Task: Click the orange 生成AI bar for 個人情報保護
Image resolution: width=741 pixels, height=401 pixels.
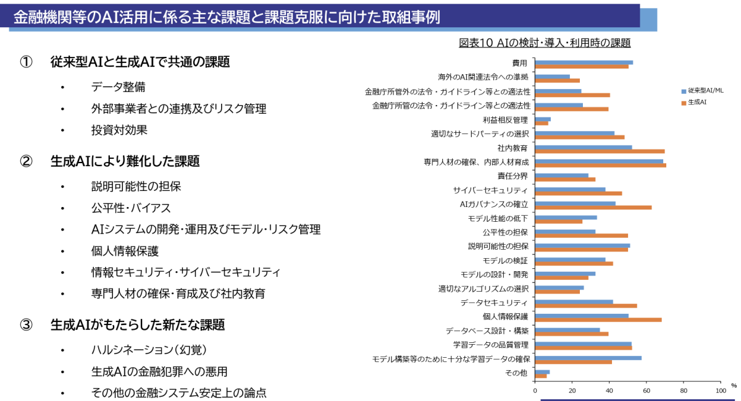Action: click(598, 319)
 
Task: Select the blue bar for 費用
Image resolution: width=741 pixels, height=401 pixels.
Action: click(584, 62)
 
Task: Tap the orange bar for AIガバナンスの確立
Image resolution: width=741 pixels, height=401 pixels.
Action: click(593, 207)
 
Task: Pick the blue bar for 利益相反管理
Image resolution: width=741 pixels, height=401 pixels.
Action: click(543, 119)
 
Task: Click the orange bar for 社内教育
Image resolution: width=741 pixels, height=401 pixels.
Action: click(600, 151)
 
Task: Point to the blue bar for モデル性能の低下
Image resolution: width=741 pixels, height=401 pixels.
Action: click(566, 217)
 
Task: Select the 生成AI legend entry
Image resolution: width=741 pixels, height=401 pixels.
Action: click(697, 102)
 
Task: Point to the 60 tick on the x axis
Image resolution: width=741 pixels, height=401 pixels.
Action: click(647, 390)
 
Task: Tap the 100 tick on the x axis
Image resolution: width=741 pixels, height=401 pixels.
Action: click(720, 390)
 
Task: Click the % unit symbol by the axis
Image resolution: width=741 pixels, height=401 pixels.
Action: click(734, 386)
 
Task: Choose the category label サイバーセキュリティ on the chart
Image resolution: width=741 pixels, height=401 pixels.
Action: click(490, 190)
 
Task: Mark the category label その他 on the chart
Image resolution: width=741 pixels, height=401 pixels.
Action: click(516, 373)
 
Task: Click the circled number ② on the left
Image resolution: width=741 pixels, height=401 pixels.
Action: click(26, 161)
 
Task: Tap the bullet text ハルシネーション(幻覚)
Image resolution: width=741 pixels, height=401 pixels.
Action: click(148, 350)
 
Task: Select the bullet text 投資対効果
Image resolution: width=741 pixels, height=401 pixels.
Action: click(119, 130)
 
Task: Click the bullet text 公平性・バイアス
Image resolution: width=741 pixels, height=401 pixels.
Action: click(131, 208)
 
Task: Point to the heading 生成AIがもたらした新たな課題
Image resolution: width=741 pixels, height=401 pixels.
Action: click(137, 324)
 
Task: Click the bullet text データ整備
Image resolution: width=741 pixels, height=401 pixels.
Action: click(118, 87)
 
